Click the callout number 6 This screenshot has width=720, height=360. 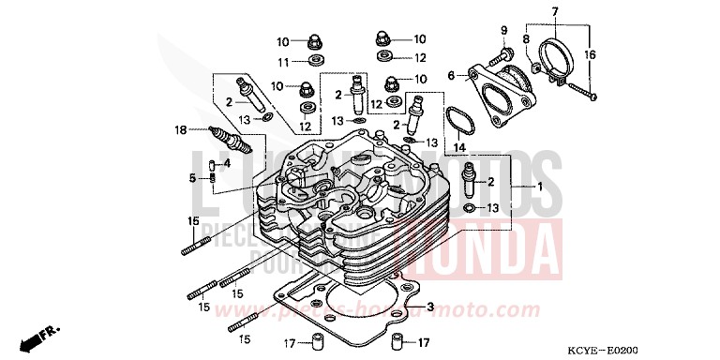click(554, 10)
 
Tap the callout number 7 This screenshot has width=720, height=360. click(527, 40)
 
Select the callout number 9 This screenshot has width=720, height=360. click(281, 62)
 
